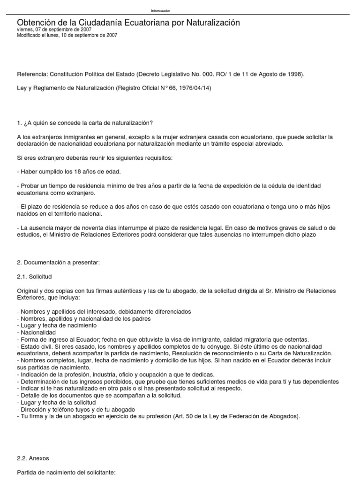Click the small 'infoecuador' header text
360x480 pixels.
[161, 11]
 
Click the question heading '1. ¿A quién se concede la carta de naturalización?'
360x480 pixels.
[84, 123]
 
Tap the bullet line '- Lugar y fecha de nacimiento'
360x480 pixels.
[56, 325]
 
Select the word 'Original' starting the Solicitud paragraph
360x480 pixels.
[27, 291]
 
